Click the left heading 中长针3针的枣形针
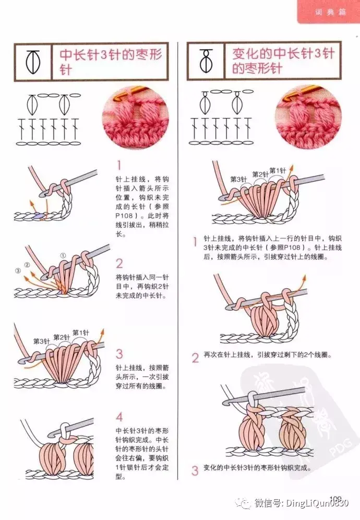(x=111, y=62)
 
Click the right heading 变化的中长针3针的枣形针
(x=283, y=61)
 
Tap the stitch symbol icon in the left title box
(x=33, y=62)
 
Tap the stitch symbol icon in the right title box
(x=206, y=61)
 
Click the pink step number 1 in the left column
(x=119, y=165)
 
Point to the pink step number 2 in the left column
(x=119, y=264)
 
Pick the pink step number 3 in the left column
(x=119, y=354)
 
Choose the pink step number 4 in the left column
(x=119, y=417)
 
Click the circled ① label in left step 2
(x=63, y=255)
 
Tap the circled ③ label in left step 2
(x=18, y=270)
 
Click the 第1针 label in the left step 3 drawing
(x=80, y=333)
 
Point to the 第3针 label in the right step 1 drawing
(x=238, y=180)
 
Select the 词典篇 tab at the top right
(x=330, y=13)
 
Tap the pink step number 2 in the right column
(x=195, y=358)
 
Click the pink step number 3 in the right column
(x=195, y=470)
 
